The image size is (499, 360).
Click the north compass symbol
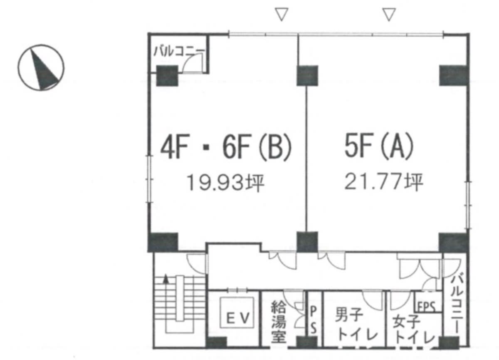pos(41,67)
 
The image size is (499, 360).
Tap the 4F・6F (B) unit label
pos(226,147)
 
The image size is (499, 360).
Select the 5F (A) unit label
pos(379,146)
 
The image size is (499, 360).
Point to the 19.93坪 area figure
pos(225,183)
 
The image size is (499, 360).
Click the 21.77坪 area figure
pos(383,182)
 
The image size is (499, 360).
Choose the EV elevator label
pos(237,318)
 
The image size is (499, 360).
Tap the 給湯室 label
pos(279,322)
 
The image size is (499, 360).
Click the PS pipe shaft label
pos(313,320)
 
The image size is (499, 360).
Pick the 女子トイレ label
pos(413,328)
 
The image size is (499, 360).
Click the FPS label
pos(426,307)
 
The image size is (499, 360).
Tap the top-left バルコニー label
pos(179,51)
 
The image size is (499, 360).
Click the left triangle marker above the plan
pos(282,14)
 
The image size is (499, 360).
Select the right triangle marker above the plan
pos(389,14)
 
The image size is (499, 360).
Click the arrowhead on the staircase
pos(166,279)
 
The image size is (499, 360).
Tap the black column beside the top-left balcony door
pos(167,76)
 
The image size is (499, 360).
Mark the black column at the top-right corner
pos(453,75)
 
